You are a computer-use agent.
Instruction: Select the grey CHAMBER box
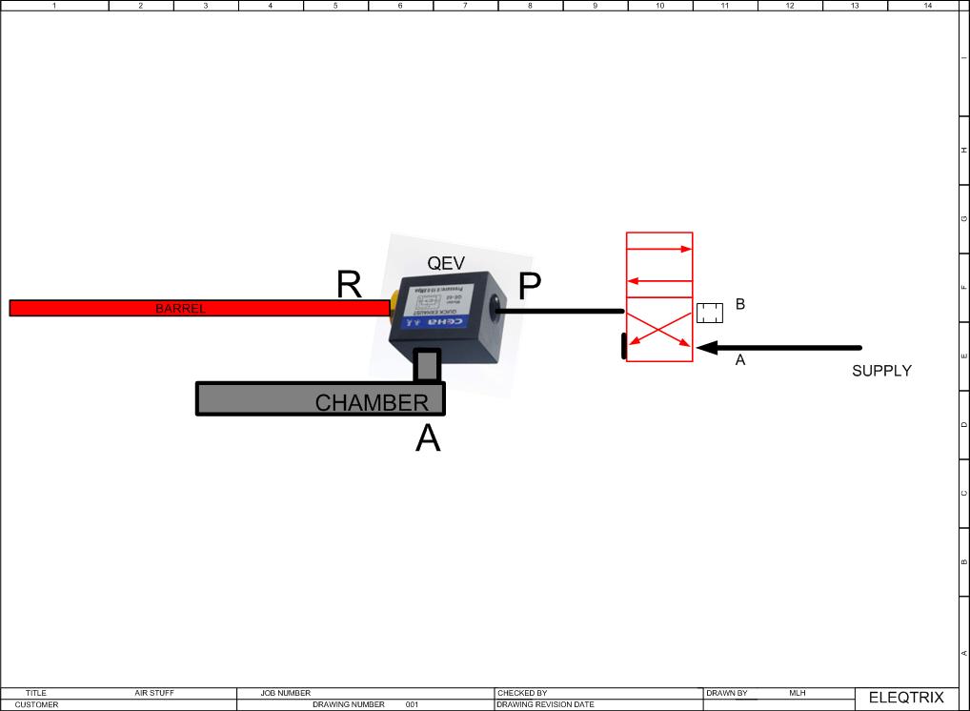(320, 398)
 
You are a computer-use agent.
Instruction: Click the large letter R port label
(349, 284)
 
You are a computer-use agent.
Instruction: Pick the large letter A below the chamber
(428, 438)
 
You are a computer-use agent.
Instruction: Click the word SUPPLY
(881, 371)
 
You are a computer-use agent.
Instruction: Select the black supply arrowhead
(707, 348)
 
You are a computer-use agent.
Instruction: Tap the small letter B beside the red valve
(739, 305)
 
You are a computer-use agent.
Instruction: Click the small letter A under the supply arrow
(739, 361)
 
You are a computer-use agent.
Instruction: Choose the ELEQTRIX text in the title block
(905, 698)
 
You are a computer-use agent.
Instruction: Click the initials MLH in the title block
(798, 693)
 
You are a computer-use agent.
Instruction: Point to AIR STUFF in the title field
(154, 693)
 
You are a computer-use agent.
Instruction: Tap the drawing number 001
(412, 705)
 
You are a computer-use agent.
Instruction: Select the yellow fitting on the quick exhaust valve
(393, 304)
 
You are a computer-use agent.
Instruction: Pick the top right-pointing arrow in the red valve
(658, 250)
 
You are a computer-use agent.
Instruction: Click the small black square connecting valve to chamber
(427, 365)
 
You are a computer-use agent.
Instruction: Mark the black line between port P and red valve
(560, 311)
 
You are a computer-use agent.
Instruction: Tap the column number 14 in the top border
(927, 6)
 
